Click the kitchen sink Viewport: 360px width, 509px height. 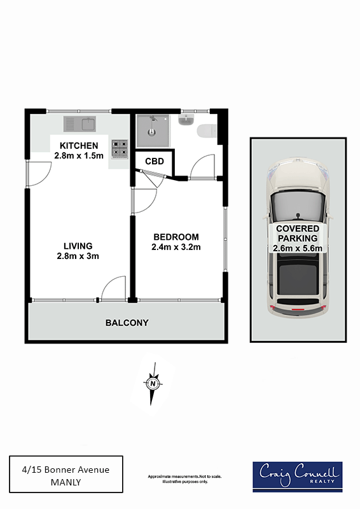[80, 124]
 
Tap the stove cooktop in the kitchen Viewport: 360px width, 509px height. [120, 149]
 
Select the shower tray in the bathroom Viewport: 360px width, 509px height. [153, 131]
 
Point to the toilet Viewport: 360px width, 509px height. [207, 131]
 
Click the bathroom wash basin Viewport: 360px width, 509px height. [186, 120]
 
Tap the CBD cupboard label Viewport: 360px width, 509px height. [155, 162]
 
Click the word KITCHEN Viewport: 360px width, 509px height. [79, 146]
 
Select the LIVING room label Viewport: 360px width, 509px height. [78, 246]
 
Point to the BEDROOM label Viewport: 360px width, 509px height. [176, 237]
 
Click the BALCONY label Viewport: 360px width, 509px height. [127, 323]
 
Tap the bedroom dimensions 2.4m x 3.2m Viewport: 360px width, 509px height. [176, 248]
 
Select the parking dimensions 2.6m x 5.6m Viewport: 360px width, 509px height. [298, 249]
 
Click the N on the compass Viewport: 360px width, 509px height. [153, 384]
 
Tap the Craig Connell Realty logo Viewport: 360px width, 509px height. [298, 477]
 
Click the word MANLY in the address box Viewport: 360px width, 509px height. [66, 482]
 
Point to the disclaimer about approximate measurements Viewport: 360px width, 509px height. [184, 479]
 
